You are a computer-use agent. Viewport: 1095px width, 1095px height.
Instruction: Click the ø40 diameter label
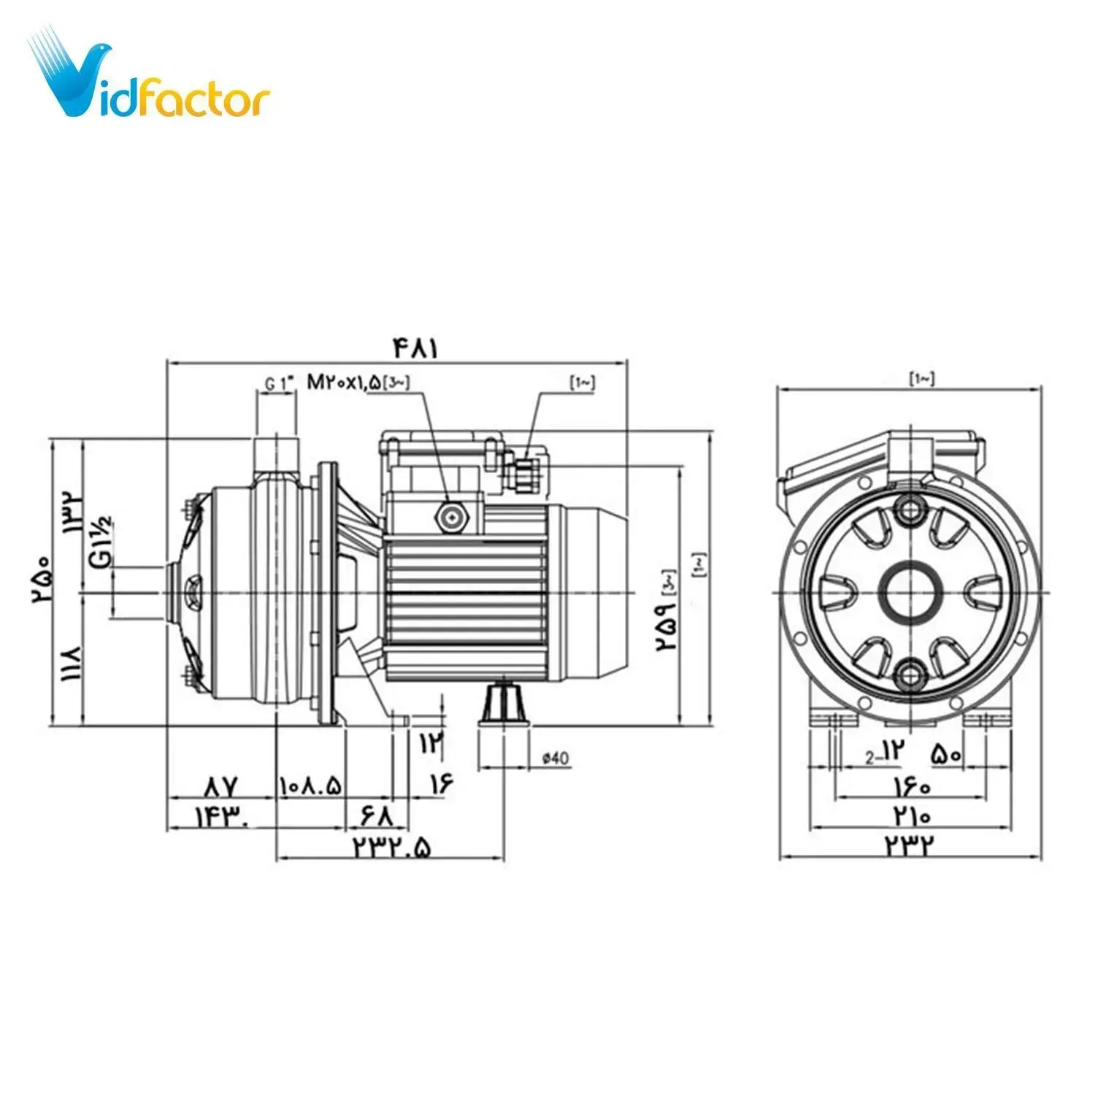click(555, 758)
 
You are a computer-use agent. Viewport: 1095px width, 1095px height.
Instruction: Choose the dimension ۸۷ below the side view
click(221, 786)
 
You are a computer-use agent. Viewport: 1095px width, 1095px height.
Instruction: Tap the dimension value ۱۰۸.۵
click(310, 786)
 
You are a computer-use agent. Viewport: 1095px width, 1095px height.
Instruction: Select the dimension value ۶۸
click(377, 815)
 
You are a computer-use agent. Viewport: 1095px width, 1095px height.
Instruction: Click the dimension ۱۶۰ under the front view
click(911, 786)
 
